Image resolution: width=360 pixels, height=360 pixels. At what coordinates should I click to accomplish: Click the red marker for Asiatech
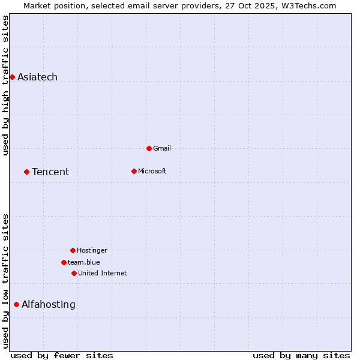[x=12, y=77]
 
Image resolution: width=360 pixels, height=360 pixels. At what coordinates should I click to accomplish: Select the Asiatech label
[x=37, y=77]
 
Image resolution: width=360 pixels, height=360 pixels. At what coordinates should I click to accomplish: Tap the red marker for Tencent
[x=26, y=172]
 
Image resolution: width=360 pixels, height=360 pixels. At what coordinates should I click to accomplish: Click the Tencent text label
[x=50, y=172]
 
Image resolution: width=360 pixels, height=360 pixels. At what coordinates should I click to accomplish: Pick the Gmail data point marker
[x=149, y=148]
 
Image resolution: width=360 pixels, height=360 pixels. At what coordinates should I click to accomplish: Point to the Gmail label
[x=162, y=148]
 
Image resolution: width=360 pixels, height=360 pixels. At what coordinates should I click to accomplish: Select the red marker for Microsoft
[x=134, y=171]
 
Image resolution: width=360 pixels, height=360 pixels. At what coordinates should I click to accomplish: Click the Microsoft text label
[x=152, y=171]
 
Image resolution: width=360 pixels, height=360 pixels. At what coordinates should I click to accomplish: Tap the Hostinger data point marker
[x=73, y=250]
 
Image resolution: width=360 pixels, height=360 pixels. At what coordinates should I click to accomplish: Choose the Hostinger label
[x=92, y=250]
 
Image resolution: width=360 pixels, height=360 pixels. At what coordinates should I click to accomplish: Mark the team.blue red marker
[x=64, y=262]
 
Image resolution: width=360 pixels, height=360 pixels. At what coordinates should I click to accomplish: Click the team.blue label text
[x=83, y=262]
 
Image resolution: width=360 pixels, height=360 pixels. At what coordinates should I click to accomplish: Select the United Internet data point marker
[x=74, y=273]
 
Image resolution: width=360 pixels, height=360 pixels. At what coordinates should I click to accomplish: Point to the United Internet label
[x=102, y=273]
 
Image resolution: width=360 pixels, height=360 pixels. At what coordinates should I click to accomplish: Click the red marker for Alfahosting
[x=16, y=304]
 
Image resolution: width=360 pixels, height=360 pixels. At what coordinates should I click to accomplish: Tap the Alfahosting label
[x=49, y=305]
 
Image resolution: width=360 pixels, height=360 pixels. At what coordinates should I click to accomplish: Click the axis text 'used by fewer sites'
[x=62, y=355]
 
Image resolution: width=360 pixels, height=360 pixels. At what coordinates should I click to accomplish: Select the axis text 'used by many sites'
[x=301, y=355]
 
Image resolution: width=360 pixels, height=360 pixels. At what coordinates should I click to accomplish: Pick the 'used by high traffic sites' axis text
[x=6, y=85]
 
